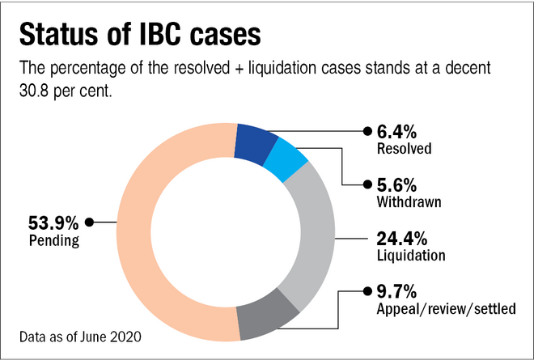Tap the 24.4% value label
point(403,239)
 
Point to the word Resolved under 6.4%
point(405,149)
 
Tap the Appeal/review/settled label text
point(445,308)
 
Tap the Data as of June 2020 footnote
point(76,332)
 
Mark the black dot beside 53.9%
point(90,222)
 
